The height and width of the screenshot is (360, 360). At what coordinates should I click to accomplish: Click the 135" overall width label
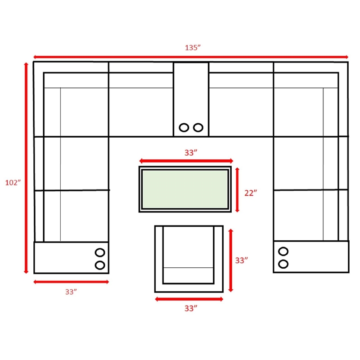click(193, 48)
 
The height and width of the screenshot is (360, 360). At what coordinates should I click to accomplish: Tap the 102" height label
click(13, 183)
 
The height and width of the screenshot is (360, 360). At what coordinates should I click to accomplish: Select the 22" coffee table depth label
click(251, 193)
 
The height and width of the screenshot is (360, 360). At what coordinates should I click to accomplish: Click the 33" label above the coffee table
click(191, 153)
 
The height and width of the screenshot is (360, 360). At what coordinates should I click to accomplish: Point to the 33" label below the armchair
click(191, 308)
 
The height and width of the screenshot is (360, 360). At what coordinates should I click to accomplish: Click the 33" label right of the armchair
click(241, 261)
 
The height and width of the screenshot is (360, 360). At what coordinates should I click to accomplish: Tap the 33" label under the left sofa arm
click(71, 292)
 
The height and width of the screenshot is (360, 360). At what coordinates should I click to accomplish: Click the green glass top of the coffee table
click(185, 189)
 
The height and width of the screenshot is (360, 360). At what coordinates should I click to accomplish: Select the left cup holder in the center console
click(184, 127)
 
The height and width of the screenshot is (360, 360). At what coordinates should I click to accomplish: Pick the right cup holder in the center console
click(198, 127)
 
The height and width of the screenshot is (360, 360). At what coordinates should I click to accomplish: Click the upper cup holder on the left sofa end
click(100, 252)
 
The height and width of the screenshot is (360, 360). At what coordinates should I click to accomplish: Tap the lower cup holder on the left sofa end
click(100, 265)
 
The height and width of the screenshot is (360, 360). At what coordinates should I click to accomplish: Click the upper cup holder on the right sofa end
click(283, 252)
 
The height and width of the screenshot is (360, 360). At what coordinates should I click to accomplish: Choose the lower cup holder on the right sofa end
click(283, 264)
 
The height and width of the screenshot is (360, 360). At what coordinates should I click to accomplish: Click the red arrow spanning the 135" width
click(191, 57)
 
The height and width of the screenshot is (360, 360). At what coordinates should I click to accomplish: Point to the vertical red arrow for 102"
click(26, 168)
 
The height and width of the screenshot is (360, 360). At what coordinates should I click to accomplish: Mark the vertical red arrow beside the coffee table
click(237, 189)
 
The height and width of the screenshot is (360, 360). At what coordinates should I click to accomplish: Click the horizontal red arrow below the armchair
click(189, 299)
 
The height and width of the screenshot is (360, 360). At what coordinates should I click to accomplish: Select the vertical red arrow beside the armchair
click(231, 261)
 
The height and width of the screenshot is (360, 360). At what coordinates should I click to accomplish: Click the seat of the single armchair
click(188, 247)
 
